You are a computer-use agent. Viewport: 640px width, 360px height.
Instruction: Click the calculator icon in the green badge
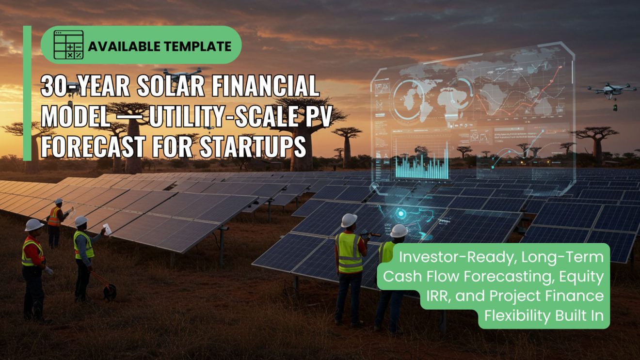68,45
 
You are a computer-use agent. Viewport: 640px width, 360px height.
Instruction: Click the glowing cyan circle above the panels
401,213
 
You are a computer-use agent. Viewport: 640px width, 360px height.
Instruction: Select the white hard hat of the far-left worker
34,224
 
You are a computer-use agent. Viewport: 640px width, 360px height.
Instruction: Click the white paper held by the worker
107,229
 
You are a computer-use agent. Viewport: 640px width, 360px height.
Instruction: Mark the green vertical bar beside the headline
27,93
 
